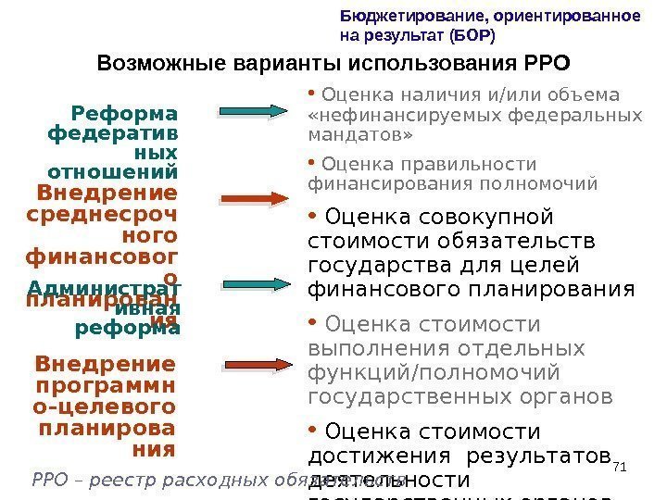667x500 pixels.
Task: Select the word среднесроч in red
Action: (x=105, y=219)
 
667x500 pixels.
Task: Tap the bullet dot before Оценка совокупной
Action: (x=313, y=217)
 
